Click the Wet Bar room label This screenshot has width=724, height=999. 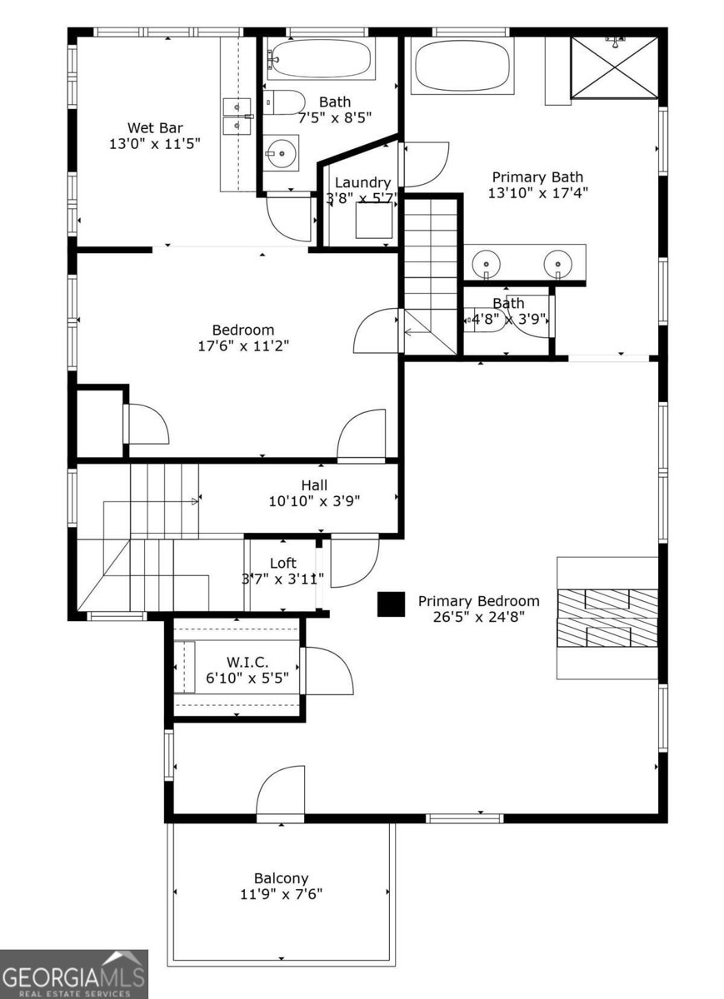click(155, 127)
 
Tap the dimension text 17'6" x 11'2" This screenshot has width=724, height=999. click(242, 345)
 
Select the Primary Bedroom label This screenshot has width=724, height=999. click(478, 601)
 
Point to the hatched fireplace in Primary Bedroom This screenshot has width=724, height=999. click(607, 618)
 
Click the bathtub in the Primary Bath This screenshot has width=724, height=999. click(463, 66)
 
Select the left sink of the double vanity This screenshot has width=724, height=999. click(485, 266)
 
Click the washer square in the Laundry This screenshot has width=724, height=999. click(374, 221)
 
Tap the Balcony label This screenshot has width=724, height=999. click(281, 878)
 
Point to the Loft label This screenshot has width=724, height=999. click(282, 564)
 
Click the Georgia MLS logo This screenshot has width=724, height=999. click(73, 974)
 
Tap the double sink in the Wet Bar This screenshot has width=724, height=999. click(237, 116)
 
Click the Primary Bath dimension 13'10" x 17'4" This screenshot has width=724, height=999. click(537, 192)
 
